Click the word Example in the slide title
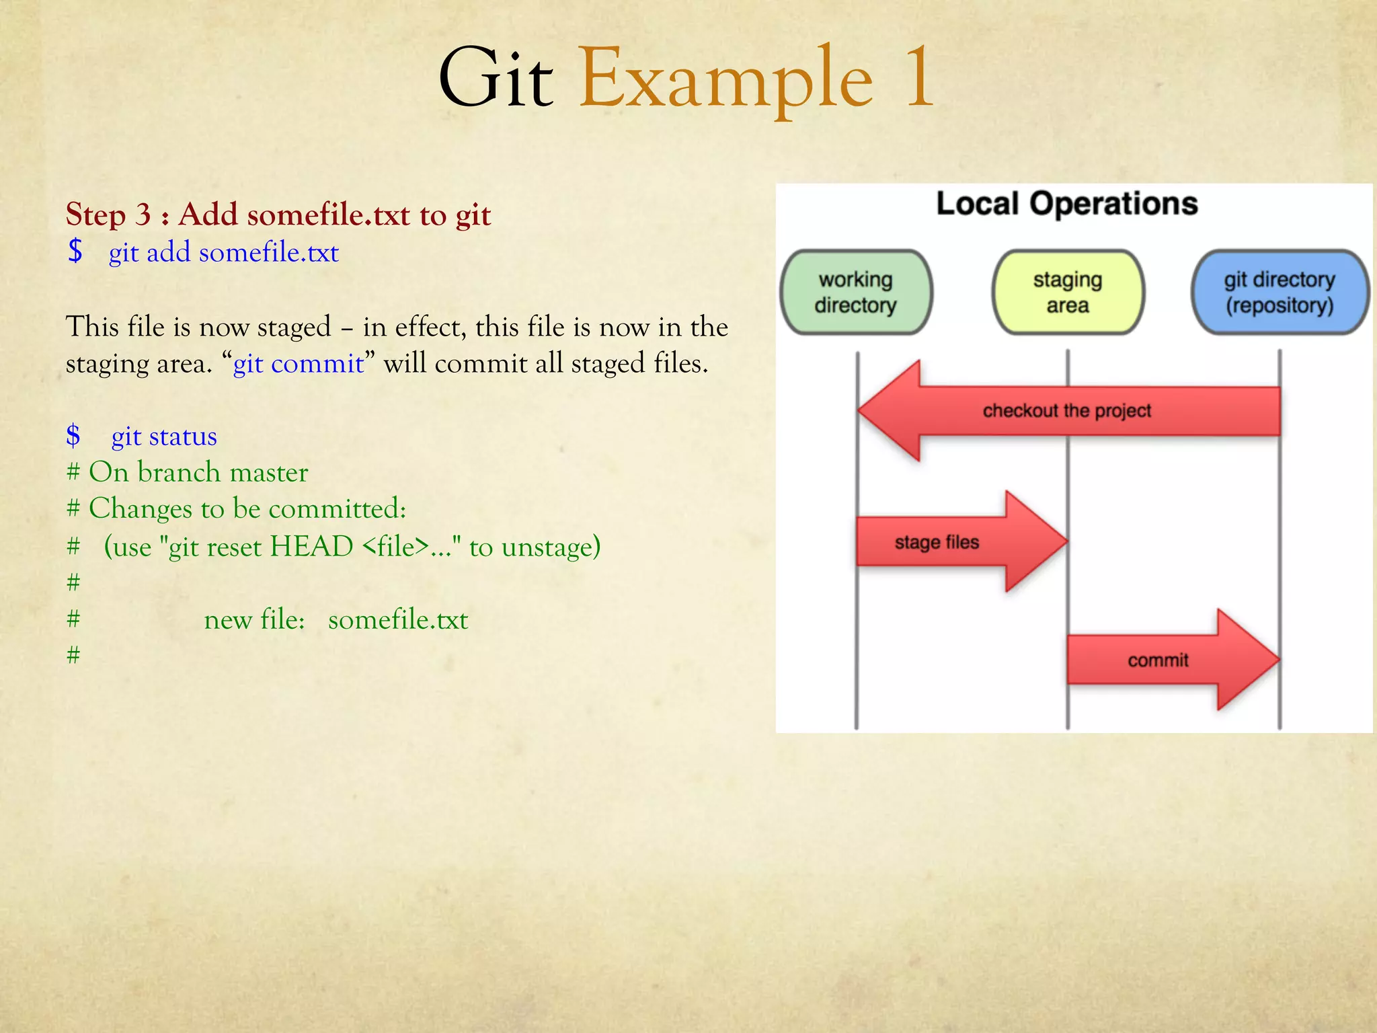click(x=726, y=79)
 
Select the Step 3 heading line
click(x=278, y=215)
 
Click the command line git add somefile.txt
click(x=223, y=253)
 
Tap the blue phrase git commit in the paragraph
click(x=298, y=364)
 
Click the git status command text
click(x=164, y=436)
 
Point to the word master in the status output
click(x=268, y=473)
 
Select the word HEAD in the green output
click(x=311, y=547)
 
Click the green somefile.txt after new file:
click(x=397, y=619)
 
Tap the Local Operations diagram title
click(x=1066, y=204)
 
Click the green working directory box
click(x=856, y=293)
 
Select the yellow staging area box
click(x=1068, y=293)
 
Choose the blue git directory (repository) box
click(x=1279, y=293)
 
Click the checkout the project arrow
click(x=1066, y=411)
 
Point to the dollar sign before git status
click(x=73, y=436)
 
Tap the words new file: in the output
click(x=254, y=619)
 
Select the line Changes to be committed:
click(x=247, y=509)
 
